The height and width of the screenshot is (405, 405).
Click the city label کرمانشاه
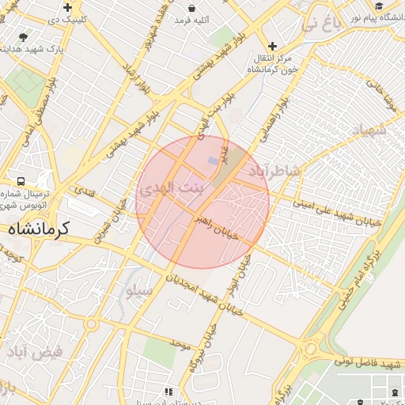pos(40,228)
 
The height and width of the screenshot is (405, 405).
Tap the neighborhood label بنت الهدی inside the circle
pos(170,190)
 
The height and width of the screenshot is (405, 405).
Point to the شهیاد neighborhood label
pos(367,131)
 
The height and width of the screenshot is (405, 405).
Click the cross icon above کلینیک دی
pos(68,7)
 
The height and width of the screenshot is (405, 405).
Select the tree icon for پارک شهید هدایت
pos(23,36)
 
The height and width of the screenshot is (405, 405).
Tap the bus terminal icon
pos(18,181)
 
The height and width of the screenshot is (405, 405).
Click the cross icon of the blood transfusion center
pos(273,46)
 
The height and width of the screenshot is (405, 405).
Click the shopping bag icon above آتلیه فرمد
pos(192,7)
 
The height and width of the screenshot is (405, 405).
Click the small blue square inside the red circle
pos(212,161)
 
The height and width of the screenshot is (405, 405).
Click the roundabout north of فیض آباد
pos(91,324)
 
